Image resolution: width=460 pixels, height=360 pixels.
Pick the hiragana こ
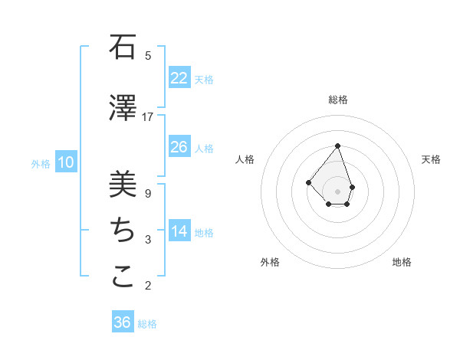(x=123, y=277)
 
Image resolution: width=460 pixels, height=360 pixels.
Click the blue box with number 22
(x=179, y=77)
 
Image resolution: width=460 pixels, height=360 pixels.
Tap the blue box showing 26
(x=179, y=147)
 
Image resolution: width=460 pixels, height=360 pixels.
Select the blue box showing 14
(x=179, y=231)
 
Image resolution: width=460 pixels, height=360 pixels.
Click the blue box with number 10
(x=66, y=162)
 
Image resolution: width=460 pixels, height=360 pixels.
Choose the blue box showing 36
(x=123, y=322)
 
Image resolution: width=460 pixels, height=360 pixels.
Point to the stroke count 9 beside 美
(x=147, y=193)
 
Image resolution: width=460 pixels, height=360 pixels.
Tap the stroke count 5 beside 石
(x=147, y=55)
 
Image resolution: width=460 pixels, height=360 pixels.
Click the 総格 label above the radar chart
(x=338, y=100)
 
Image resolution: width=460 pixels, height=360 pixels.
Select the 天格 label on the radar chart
(x=431, y=159)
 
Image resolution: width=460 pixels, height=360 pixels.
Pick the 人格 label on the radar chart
(x=245, y=159)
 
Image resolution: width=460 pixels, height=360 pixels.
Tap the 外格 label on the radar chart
(x=270, y=262)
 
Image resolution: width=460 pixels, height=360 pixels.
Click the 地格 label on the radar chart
(x=402, y=262)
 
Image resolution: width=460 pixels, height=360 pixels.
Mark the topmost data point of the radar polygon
(x=338, y=146)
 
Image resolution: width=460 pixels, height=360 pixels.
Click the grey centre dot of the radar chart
(x=338, y=191)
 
